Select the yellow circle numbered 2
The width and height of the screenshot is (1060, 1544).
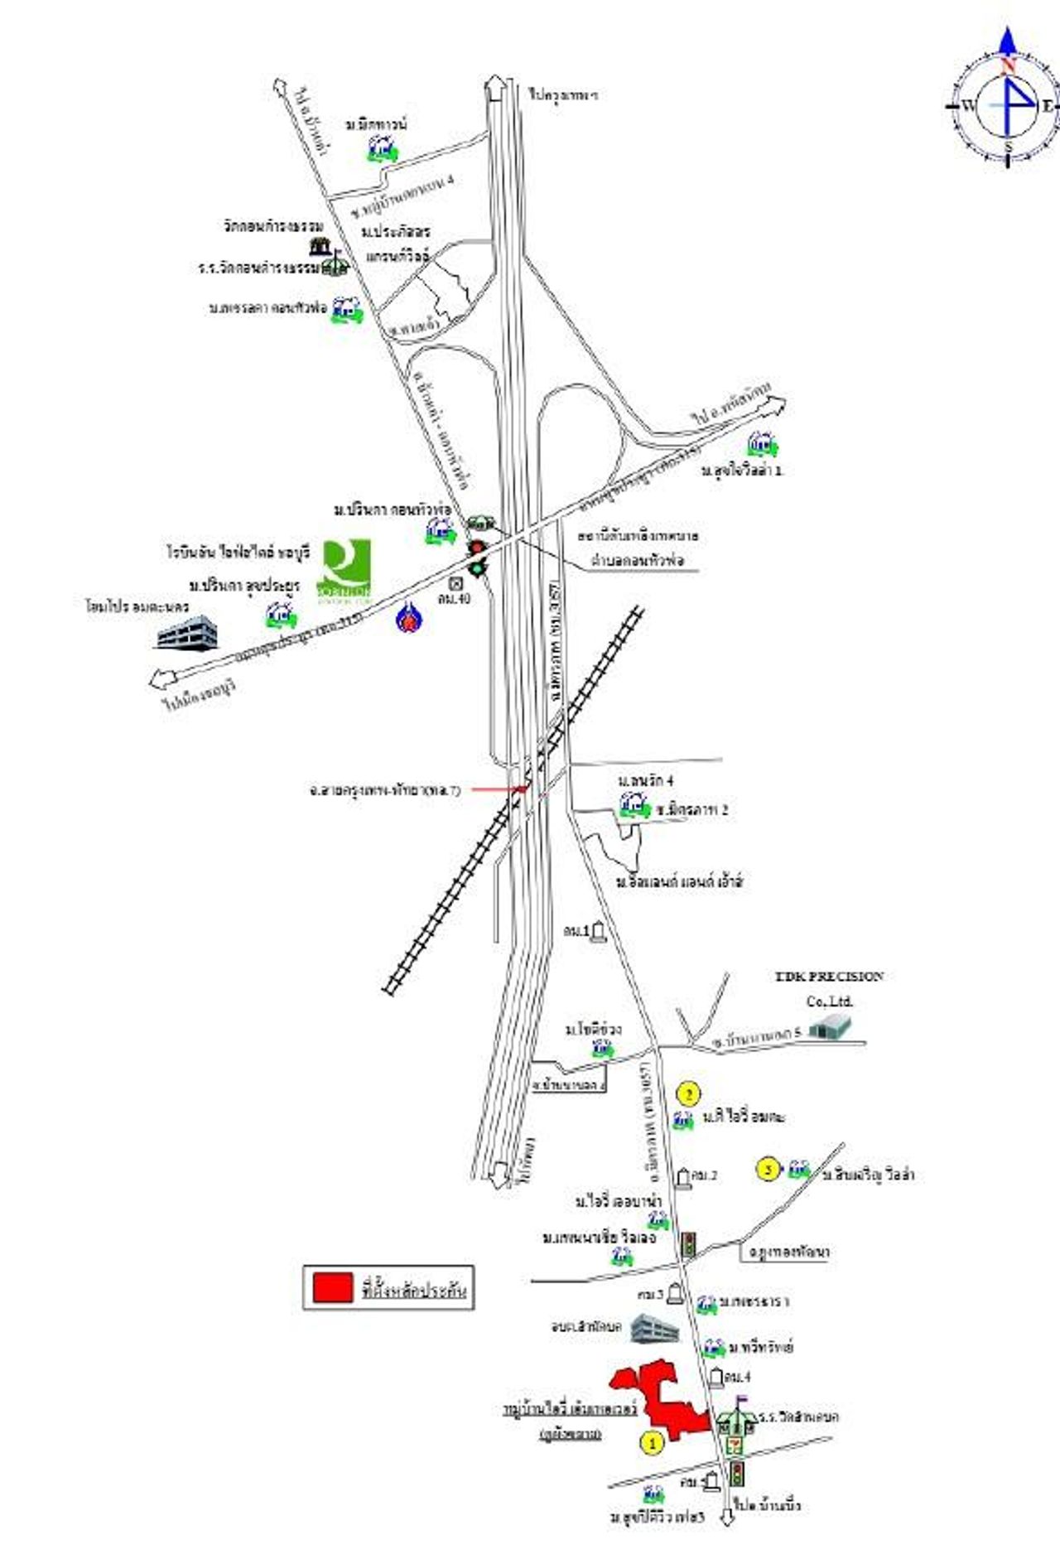[x=688, y=1093]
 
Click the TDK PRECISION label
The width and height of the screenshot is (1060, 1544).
[x=829, y=977]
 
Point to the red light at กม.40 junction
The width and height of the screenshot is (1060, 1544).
[x=476, y=548]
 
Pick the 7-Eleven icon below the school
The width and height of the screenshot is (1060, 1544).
[x=733, y=1445]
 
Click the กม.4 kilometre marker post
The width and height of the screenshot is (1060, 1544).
[x=715, y=1377]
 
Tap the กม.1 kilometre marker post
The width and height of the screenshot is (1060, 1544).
[x=599, y=933]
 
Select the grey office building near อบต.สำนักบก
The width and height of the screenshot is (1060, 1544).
[x=654, y=1329]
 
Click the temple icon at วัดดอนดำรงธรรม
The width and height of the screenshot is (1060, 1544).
[x=318, y=246]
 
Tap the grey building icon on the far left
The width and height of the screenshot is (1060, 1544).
[x=187, y=634]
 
